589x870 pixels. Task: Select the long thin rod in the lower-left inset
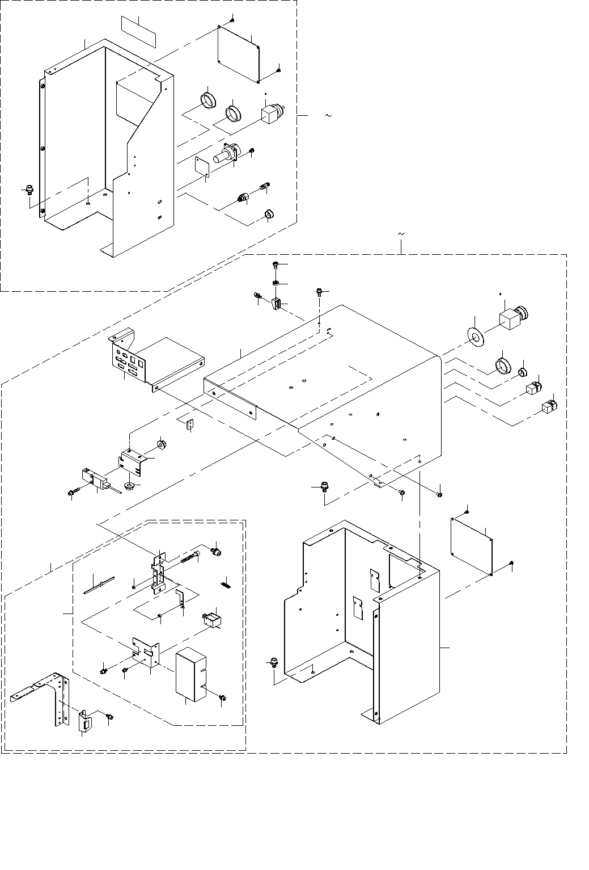click(99, 585)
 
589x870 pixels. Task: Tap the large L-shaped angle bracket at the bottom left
click(48, 697)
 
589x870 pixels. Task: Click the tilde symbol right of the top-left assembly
click(328, 116)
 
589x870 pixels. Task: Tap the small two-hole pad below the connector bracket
click(190, 423)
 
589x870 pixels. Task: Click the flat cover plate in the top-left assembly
click(238, 53)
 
